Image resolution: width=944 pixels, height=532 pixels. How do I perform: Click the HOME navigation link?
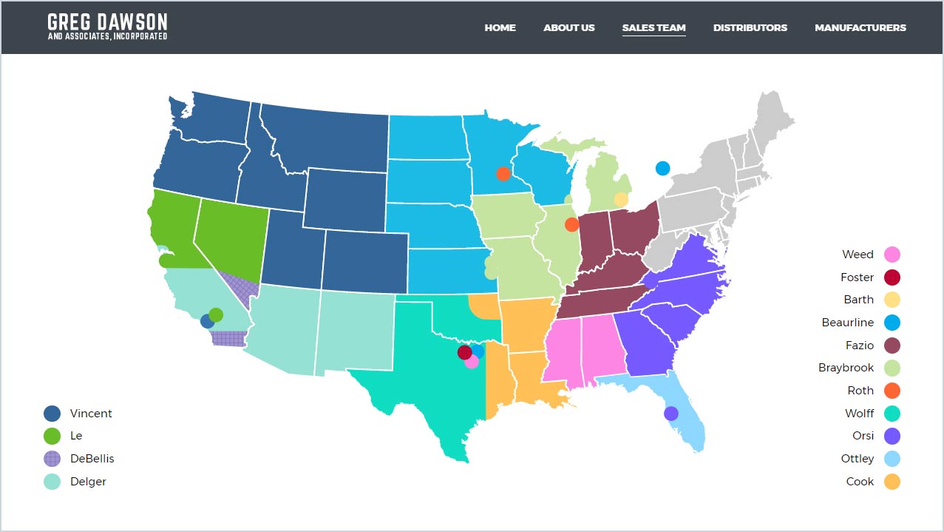tap(500, 28)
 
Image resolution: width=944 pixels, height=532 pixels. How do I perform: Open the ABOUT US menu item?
tap(568, 28)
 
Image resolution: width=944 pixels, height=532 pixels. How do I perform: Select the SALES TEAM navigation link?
tap(653, 28)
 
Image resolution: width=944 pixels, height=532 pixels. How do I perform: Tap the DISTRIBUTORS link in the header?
tap(750, 28)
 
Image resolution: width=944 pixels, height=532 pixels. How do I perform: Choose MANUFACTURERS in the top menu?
tap(860, 28)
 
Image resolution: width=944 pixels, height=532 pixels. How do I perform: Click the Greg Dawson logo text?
tap(107, 26)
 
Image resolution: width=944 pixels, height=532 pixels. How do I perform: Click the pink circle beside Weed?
tap(892, 255)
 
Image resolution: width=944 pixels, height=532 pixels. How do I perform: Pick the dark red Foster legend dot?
tap(892, 277)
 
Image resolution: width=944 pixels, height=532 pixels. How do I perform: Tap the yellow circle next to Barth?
tap(892, 300)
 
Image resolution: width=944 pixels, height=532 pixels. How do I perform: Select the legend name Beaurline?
tap(847, 323)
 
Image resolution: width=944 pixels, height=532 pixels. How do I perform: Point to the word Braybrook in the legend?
tap(846, 368)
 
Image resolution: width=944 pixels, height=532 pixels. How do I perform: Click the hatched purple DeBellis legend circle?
tap(52, 459)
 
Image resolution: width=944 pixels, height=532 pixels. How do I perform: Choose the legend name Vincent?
tap(91, 414)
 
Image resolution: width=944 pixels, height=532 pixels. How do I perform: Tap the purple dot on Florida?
tap(670, 414)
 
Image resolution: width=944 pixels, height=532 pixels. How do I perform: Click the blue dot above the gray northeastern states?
tap(662, 168)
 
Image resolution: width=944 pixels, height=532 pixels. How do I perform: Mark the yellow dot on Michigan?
tap(621, 199)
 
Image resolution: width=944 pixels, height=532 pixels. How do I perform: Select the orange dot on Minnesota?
tap(503, 174)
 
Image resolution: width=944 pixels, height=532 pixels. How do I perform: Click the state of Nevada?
tap(225, 233)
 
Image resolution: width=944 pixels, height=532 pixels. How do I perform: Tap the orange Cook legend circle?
tap(892, 482)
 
